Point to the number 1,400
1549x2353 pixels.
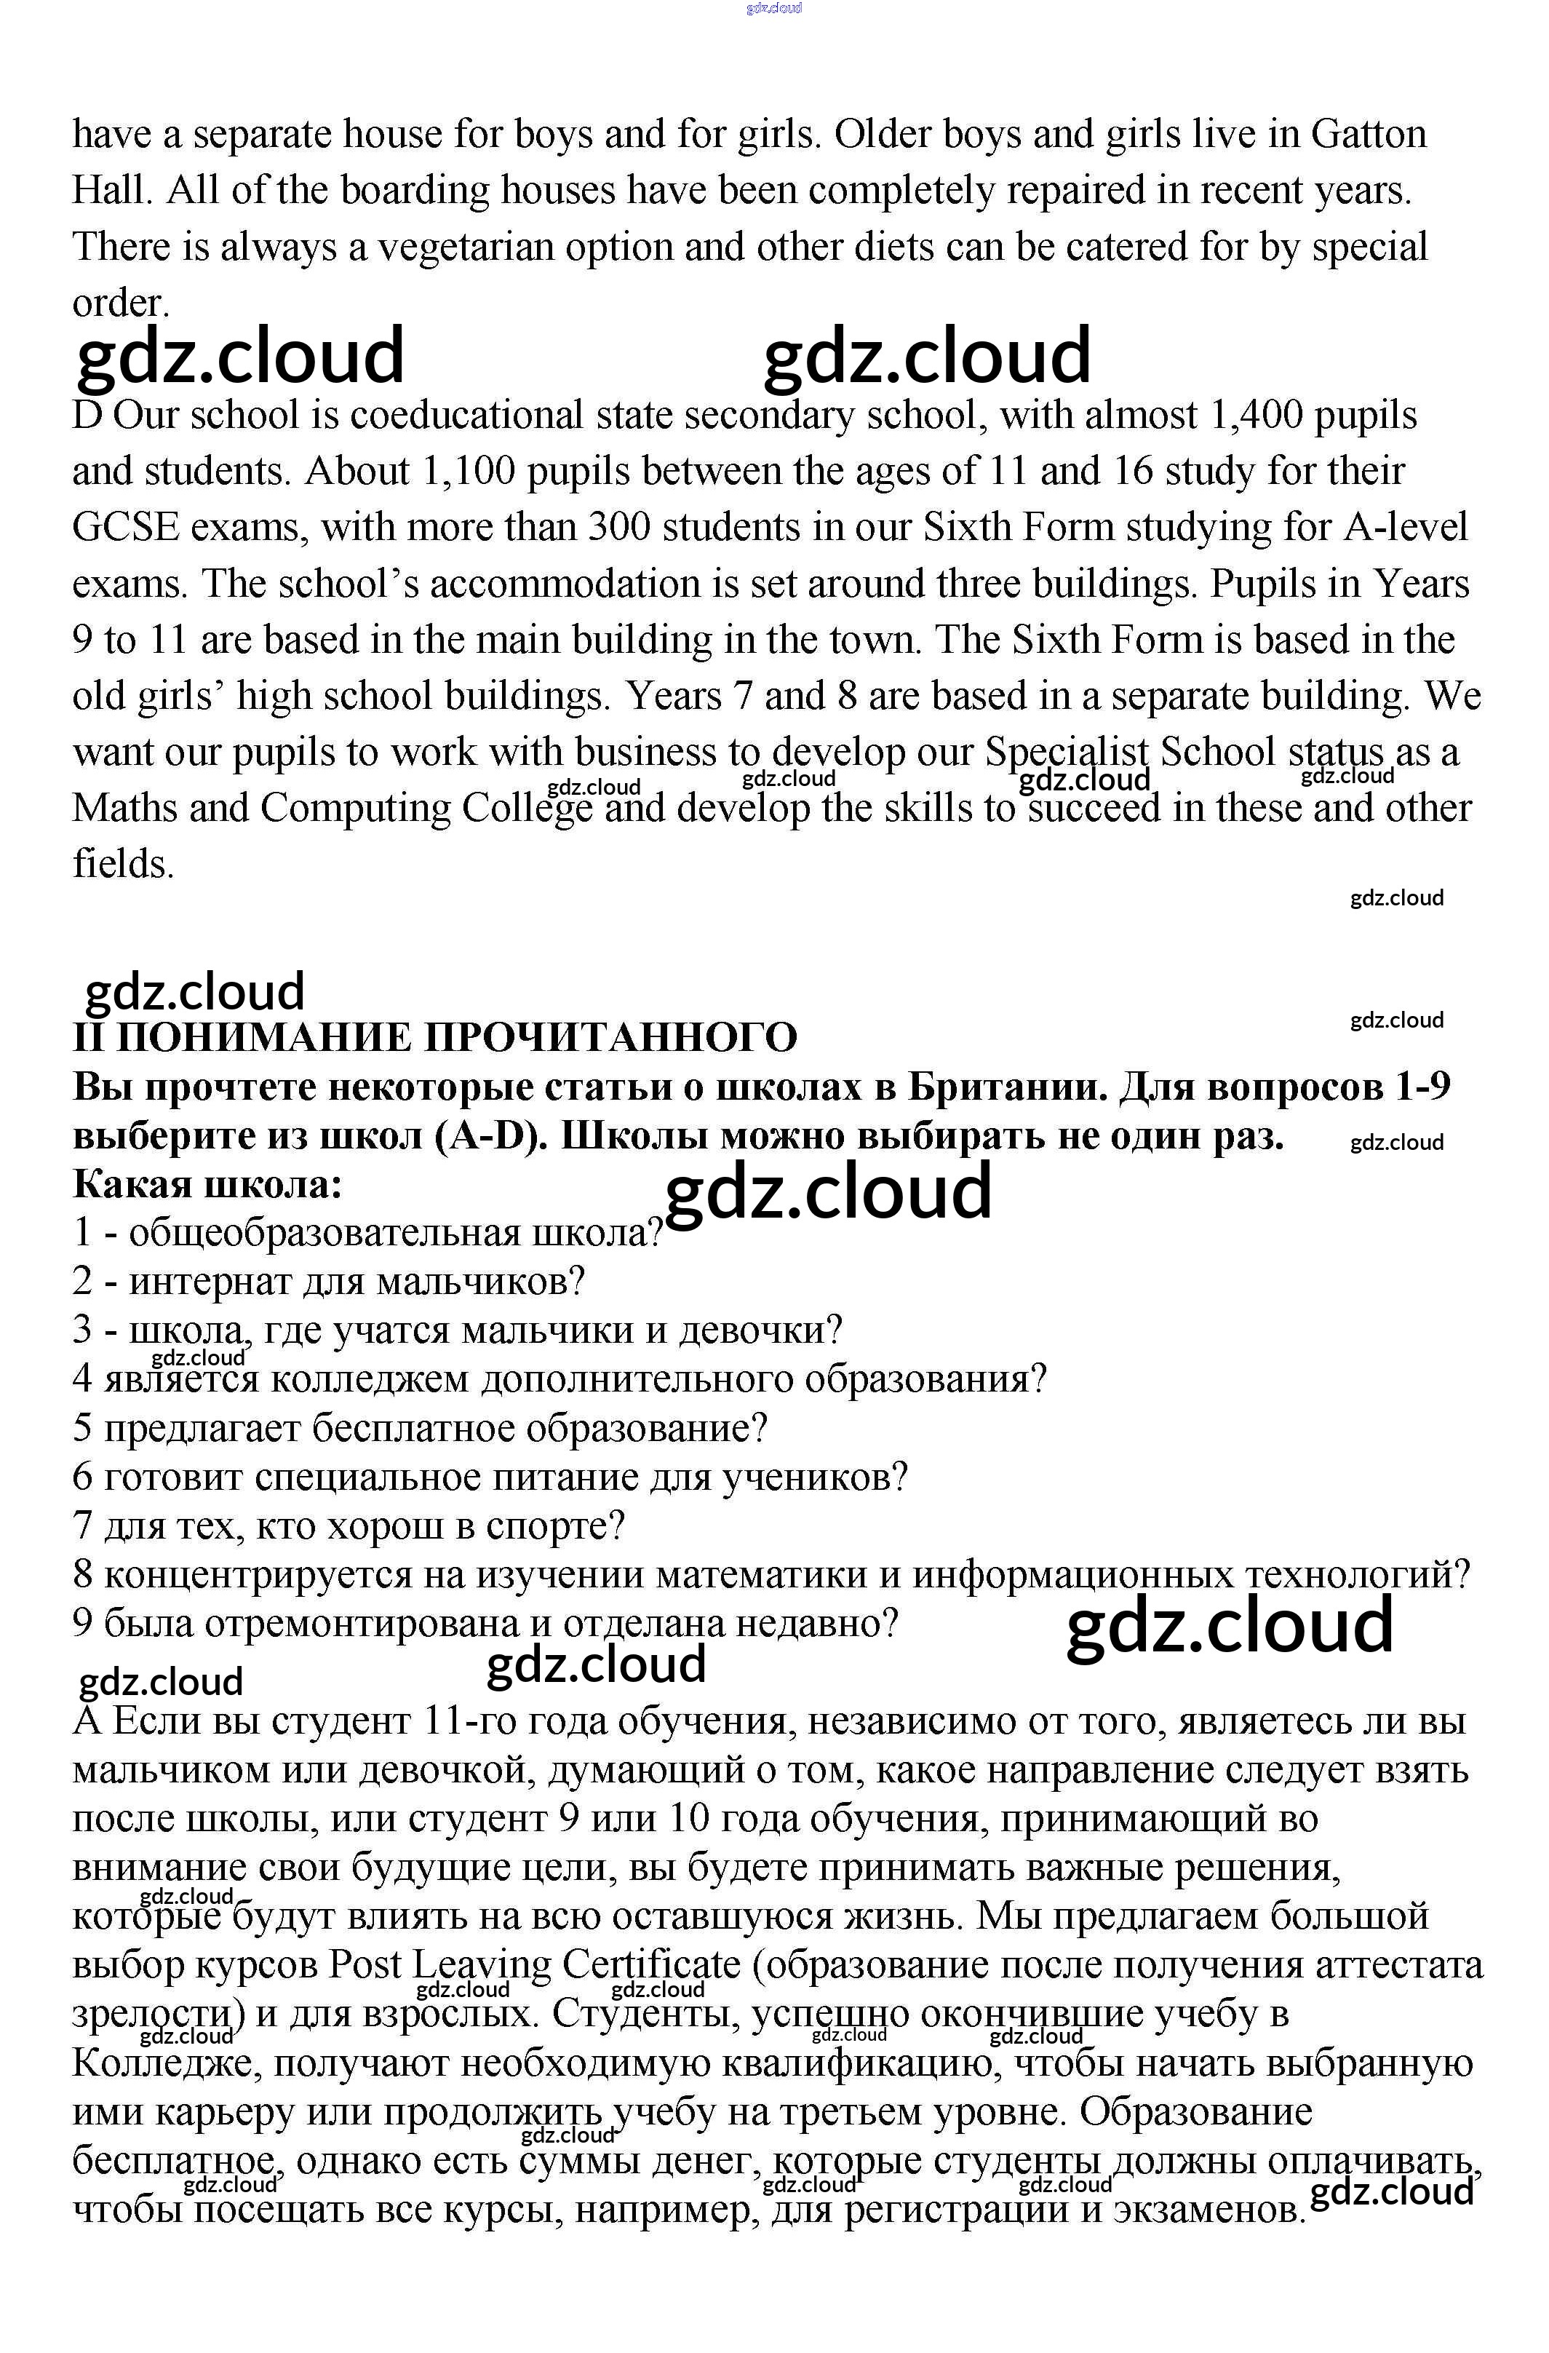click(1254, 416)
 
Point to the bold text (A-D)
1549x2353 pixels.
click(490, 1137)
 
